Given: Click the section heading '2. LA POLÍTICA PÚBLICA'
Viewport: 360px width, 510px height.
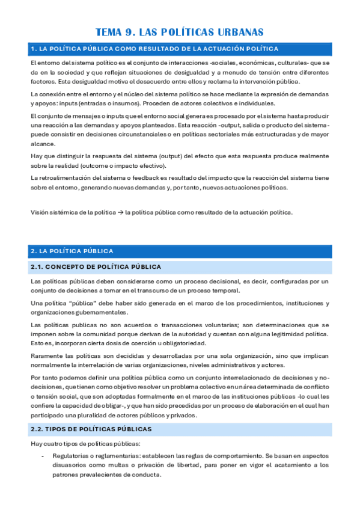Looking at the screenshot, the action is (72, 251).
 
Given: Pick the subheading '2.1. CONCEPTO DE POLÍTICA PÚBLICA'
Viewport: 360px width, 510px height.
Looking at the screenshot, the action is (96, 266).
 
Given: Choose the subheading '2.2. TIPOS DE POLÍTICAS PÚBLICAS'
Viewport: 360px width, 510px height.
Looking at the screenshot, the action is (91, 429).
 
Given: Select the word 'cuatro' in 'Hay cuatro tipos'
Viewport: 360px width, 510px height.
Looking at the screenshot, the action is (51, 443).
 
